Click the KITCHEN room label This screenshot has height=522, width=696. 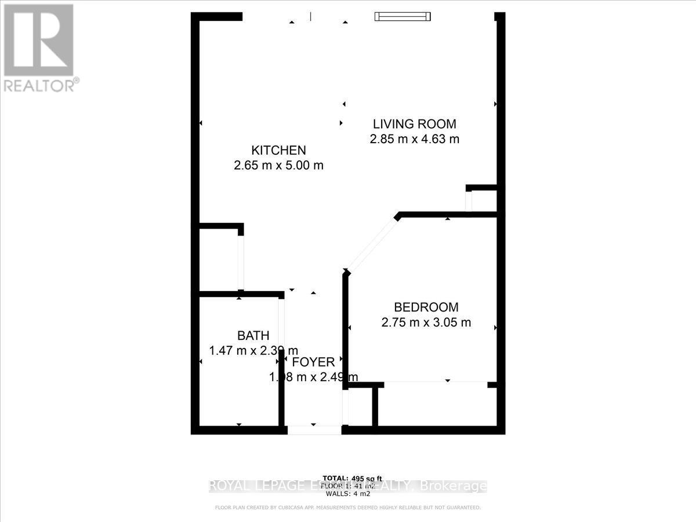click(278, 150)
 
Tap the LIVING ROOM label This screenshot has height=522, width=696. click(414, 124)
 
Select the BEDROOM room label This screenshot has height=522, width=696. click(426, 307)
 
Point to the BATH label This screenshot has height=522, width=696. click(253, 335)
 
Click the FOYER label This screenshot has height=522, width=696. click(313, 362)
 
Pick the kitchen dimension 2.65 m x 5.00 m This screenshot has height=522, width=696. click(278, 165)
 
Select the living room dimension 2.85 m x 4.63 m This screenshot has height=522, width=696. click(414, 139)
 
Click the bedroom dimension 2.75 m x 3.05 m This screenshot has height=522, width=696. click(426, 322)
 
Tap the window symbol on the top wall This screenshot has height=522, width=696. click(403, 16)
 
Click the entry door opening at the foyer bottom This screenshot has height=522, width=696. click(314, 430)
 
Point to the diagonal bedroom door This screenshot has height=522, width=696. click(371, 244)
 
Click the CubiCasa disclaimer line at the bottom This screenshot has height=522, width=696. click(348, 507)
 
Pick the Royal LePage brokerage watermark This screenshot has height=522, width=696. click(348, 486)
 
